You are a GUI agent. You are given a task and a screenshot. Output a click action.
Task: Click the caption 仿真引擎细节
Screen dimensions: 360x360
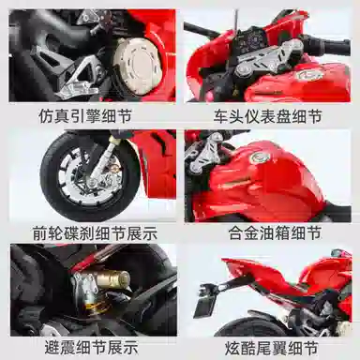(x=84, y=115)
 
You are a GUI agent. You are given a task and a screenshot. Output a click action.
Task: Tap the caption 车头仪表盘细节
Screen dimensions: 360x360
(x=267, y=116)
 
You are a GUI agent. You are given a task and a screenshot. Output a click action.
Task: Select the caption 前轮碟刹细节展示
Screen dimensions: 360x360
(x=95, y=233)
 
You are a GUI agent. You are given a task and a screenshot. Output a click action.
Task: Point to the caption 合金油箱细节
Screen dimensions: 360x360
(x=275, y=232)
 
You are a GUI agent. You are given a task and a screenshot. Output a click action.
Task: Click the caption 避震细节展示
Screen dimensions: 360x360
(x=91, y=347)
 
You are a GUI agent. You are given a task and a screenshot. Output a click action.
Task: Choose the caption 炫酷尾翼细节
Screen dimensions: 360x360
(x=271, y=348)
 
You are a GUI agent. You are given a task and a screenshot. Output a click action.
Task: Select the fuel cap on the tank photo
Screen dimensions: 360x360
(x=258, y=157)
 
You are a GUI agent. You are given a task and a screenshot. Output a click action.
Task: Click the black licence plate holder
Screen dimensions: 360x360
(x=205, y=305)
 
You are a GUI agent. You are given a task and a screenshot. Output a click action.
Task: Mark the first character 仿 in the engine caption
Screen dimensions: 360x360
(x=46, y=115)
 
